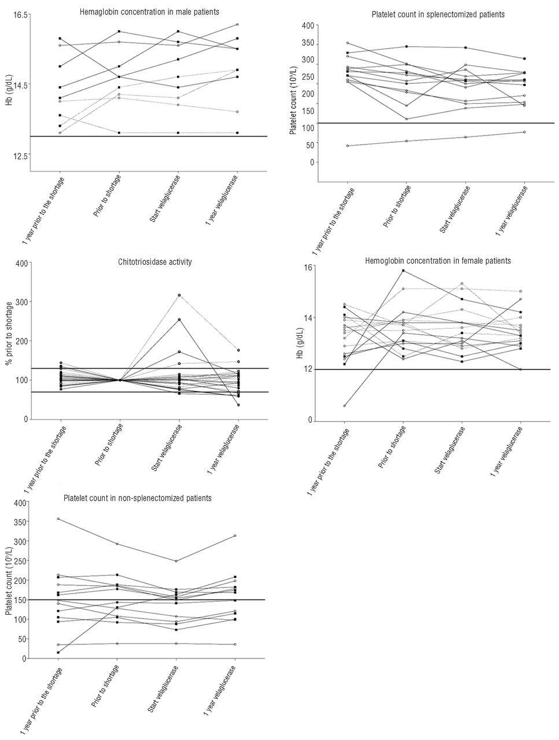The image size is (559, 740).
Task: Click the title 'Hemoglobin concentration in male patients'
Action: pos(149,12)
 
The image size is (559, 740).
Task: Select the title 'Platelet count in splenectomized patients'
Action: pos(438,14)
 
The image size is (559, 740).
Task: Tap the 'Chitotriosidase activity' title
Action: pos(155,262)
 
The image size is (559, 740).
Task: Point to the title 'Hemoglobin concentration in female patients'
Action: pos(438,261)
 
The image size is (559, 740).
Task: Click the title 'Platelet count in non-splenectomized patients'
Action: pos(137,498)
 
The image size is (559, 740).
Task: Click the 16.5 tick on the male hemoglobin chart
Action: pos(20,15)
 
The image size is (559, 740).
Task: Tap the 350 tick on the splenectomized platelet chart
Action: pos(307,43)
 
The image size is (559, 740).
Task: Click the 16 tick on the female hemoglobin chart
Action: pos(307,267)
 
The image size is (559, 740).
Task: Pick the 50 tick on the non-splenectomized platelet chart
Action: pos(21,639)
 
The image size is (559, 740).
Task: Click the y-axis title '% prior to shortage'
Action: pos(9,333)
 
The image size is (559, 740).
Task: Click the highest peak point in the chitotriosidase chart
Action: pos(179,295)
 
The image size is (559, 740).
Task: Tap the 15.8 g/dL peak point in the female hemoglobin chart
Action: pos(403,271)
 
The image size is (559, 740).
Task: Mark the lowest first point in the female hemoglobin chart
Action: pos(344,406)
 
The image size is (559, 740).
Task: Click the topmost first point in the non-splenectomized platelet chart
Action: pos(58,519)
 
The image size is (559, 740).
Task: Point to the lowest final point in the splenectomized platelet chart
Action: pos(524,132)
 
